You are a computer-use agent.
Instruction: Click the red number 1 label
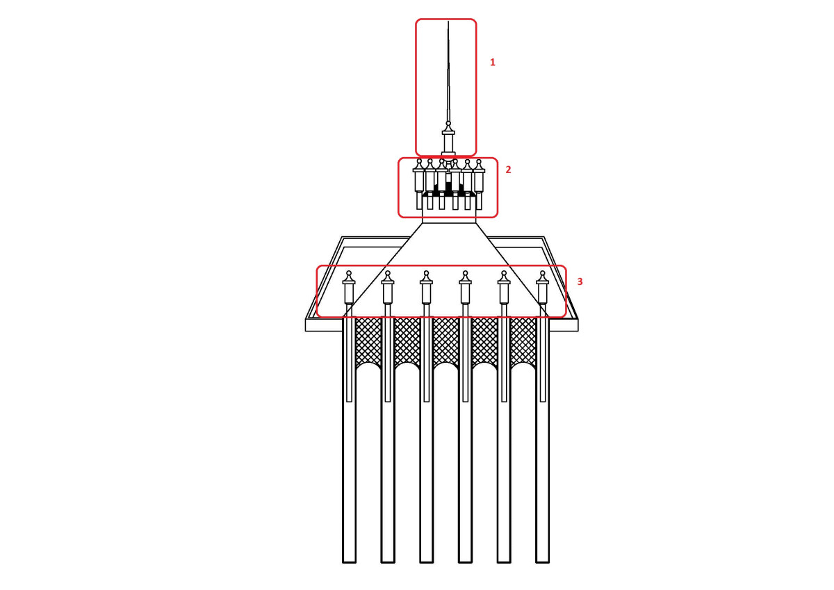[492, 62]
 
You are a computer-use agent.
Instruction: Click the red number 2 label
[508, 170]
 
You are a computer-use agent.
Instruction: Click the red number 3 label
[580, 281]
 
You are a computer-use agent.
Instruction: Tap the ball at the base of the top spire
[448, 123]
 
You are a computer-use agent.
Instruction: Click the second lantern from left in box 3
[388, 288]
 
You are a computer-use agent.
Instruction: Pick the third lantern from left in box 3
[426, 288]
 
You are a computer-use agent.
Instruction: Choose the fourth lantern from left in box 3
[465, 288]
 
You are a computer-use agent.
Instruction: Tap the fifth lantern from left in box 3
[504, 288]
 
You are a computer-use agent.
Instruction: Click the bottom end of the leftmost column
[349, 562]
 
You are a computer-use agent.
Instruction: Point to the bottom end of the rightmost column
[543, 562]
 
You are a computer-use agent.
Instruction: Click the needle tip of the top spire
[448, 22]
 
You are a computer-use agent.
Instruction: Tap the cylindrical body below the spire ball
[448, 143]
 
